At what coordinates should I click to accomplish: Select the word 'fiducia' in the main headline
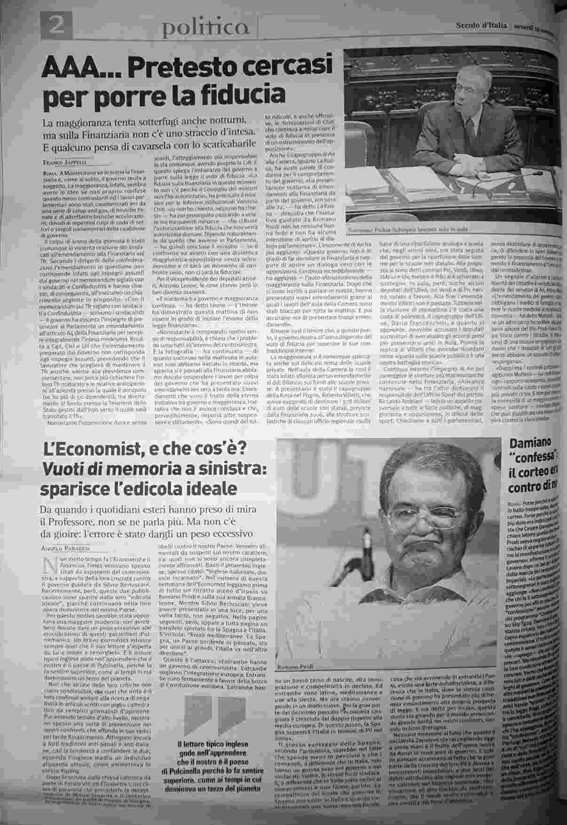(x=246, y=93)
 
